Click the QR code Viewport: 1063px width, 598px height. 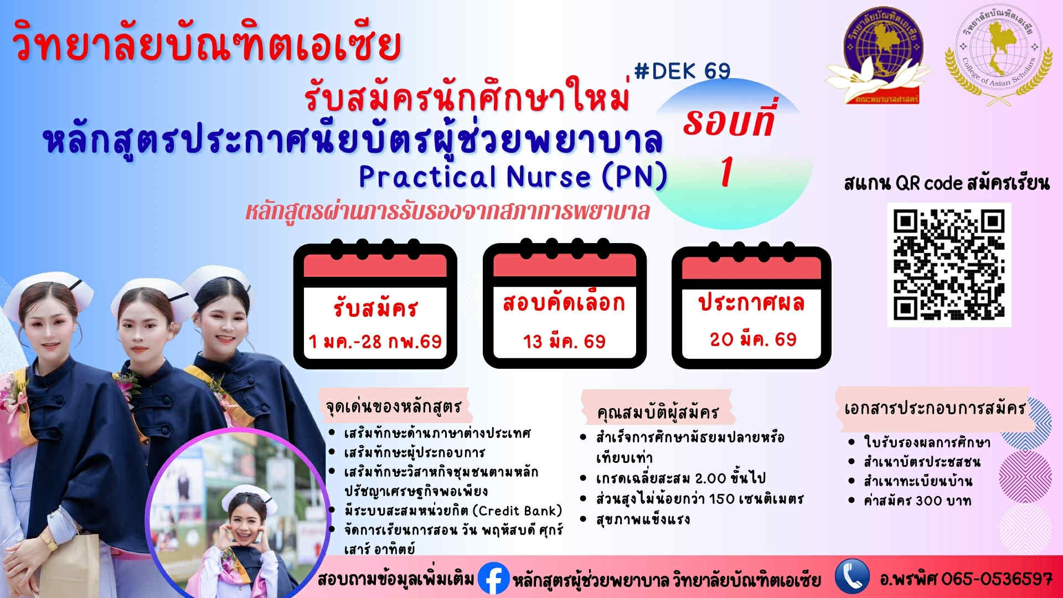click(x=949, y=265)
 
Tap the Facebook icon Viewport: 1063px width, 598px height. click(x=492, y=579)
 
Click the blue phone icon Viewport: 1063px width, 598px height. click(x=852, y=576)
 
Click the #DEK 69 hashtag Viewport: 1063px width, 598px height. click(x=682, y=71)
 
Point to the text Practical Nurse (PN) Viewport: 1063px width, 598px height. click(x=513, y=177)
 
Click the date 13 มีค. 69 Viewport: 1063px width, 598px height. click(x=564, y=341)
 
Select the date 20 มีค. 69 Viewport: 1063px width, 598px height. click(x=753, y=339)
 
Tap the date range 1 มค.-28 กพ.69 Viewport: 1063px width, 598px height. click(x=375, y=341)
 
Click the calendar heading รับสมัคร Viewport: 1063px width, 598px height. click(x=375, y=308)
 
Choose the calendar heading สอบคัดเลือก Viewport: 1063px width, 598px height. click(x=564, y=303)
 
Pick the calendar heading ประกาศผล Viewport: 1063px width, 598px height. click(x=751, y=303)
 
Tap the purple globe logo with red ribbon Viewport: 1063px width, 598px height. click(x=879, y=59)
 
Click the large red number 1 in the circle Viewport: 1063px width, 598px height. click(x=727, y=172)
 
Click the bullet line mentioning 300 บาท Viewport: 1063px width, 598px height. click(x=917, y=501)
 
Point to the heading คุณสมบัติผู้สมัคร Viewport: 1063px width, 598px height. click(x=657, y=412)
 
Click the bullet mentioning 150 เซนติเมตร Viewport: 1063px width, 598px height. click(x=699, y=499)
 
